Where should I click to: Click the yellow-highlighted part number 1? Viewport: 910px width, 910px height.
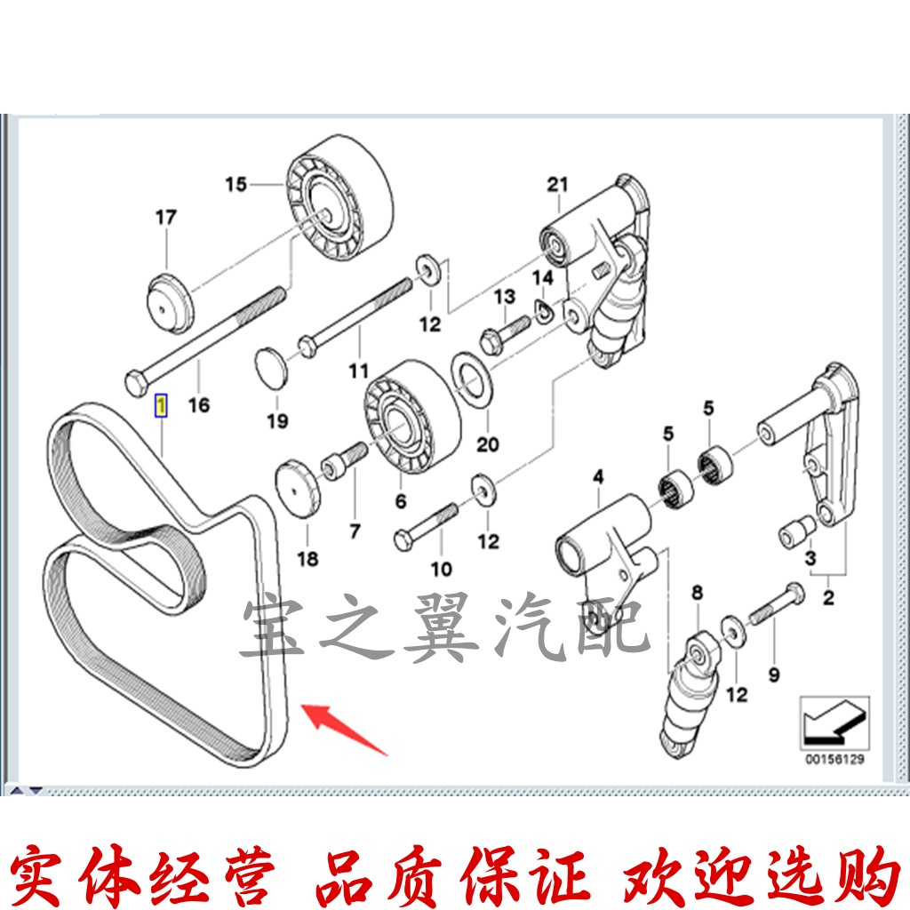160,406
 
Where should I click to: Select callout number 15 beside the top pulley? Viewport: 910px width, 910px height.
235,185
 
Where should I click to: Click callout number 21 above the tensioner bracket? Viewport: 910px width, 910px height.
557,185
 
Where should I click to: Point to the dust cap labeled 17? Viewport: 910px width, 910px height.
169,303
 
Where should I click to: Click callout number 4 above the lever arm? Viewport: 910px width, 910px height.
598,477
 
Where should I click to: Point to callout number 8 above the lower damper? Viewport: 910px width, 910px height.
696,591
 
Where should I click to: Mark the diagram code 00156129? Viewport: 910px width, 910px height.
834,760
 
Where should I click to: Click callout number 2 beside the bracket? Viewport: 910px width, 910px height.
828,597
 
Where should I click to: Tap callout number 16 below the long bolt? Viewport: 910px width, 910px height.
199,405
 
